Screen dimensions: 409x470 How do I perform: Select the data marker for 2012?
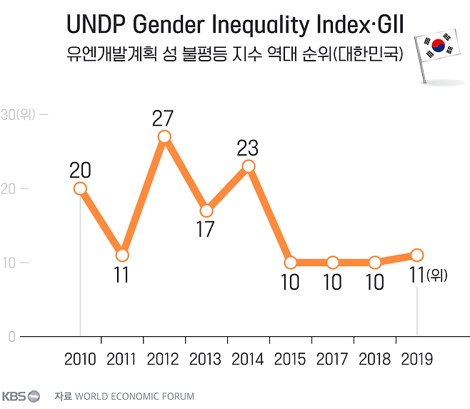(x=164, y=137)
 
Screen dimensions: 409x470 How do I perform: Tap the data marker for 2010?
(x=80, y=188)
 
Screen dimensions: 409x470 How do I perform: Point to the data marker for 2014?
(x=249, y=166)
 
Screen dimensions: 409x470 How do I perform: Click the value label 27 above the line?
(x=164, y=118)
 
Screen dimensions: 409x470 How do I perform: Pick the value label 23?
(x=247, y=148)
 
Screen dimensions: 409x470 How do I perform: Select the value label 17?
(x=206, y=229)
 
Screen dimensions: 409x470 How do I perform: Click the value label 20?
(x=80, y=170)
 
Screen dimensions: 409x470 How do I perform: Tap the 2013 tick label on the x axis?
(x=206, y=358)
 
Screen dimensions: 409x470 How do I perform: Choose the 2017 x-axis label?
(x=332, y=358)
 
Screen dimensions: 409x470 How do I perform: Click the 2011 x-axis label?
(x=121, y=358)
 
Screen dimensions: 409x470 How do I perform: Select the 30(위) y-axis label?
(x=19, y=114)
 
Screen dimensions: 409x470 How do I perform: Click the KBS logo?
(x=21, y=395)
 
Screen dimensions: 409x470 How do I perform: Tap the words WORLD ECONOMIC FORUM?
(x=134, y=395)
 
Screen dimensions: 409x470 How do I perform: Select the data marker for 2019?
(x=416, y=256)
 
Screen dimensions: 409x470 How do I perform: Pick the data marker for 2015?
(x=290, y=263)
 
